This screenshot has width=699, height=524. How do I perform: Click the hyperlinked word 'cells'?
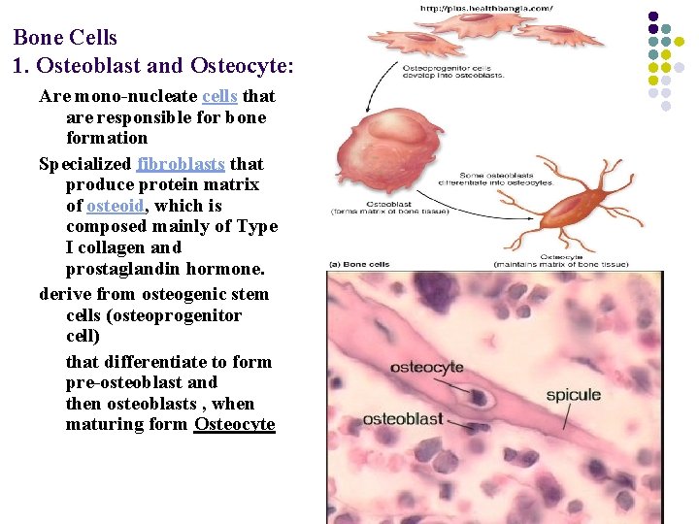click(x=220, y=96)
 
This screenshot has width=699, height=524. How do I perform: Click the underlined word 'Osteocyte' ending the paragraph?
click(x=235, y=424)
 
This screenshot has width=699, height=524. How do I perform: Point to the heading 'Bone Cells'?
click(x=65, y=38)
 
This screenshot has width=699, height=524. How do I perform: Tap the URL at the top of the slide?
click(x=486, y=9)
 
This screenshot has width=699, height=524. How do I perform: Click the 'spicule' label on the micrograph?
click(x=573, y=395)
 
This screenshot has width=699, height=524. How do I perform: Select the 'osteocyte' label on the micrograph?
click(x=426, y=368)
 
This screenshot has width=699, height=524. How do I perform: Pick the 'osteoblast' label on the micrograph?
click(x=403, y=419)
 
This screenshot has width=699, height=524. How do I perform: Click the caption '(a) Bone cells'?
click(x=359, y=264)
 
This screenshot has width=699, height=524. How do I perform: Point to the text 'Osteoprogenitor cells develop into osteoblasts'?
click(x=452, y=71)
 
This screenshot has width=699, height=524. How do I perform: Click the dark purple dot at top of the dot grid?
click(x=653, y=16)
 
